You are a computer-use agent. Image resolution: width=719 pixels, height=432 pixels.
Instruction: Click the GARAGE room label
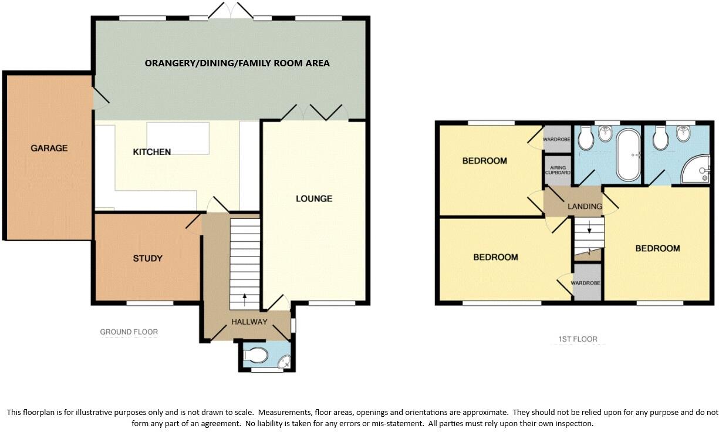click(49, 148)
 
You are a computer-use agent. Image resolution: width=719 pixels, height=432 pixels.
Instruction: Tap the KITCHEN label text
click(151, 152)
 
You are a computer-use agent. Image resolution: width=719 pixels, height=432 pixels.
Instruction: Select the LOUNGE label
click(314, 199)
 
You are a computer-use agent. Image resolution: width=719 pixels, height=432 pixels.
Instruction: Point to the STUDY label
click(147, 258)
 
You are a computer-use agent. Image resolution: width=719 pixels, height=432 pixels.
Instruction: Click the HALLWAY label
click(249, 322)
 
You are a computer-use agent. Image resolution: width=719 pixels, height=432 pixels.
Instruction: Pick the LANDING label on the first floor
click(585, 207)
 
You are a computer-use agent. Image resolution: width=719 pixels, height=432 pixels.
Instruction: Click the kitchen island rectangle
click(178, 138)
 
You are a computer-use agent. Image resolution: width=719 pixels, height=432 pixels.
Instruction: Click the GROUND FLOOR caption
click(129, 332)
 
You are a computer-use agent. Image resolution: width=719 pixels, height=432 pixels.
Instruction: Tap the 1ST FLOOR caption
click(578, 339)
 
